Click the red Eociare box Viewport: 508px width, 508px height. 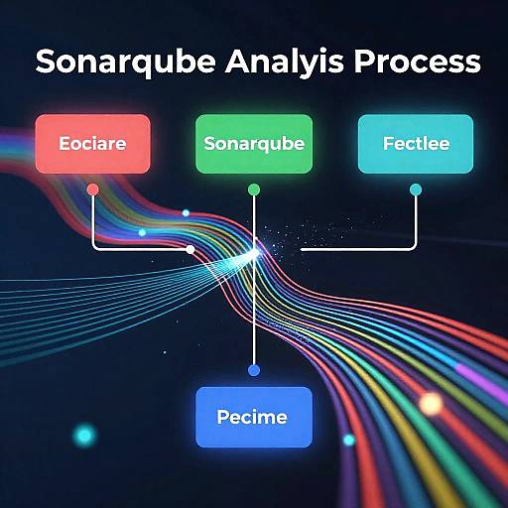click(92, 144)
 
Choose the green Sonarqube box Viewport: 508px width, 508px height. click(254, 144)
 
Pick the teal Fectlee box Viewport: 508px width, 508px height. click(416, 144)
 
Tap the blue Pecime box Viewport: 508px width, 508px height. click(254, 416)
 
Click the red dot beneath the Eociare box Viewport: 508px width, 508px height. click(92, 189)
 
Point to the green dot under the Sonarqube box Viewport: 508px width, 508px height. click(254, 189)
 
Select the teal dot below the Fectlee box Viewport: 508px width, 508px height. click(416, 189)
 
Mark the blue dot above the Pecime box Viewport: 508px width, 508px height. click(254, 370)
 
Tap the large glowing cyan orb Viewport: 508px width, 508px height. click(85, 435)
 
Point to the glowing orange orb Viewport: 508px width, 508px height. click(431, 403)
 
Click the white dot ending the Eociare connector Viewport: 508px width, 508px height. click(190, 249)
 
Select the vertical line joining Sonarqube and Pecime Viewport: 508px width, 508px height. click(254, 308)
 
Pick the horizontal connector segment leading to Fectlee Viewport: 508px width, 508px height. click(357, 249)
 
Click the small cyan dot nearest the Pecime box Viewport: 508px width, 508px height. click(348, 440)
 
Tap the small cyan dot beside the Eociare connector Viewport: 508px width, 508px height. click(142, 232)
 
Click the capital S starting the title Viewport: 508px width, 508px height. click(46, 63)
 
